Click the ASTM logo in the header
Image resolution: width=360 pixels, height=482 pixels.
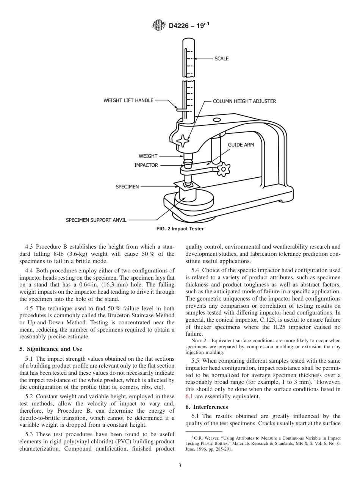158,25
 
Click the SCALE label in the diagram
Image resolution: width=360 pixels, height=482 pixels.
221,59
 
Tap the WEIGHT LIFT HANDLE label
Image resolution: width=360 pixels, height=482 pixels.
128,100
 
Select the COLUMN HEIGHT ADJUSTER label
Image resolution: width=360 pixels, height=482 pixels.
244,101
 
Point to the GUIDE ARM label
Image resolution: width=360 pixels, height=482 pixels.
241,145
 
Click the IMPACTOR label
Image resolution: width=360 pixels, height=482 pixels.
146,165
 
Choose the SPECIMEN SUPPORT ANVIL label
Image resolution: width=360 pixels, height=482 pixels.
96,220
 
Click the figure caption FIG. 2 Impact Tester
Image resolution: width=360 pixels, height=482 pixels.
180,229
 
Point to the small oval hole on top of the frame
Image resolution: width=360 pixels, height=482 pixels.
217,120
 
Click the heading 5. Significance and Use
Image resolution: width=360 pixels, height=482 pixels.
50,349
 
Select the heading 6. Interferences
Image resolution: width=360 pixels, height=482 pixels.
206,407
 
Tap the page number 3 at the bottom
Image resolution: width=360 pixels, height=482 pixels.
180,466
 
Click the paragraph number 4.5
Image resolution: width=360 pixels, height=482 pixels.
29,308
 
